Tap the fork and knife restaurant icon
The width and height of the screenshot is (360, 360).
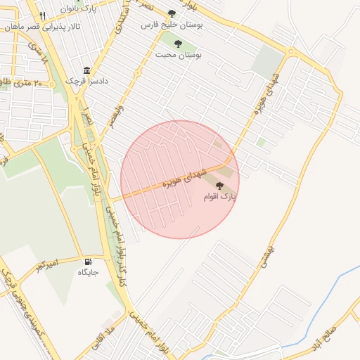(43, 15)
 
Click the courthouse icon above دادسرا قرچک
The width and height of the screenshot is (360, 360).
(86, 71)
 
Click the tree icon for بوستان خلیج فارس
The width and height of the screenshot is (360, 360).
(172, 13)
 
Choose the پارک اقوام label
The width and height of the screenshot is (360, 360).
(219, 198)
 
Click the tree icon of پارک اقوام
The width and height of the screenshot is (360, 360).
(220, 186)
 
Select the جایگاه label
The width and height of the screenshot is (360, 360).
(88, 271)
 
